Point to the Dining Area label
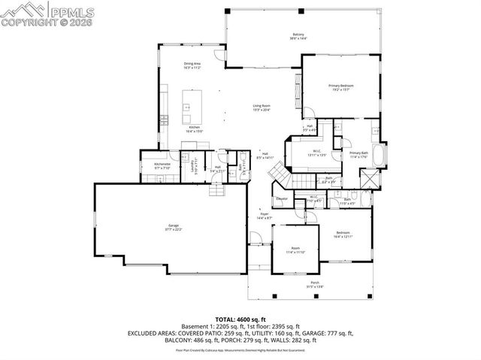(x=192, y=65)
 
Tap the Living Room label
(x=261, y=107)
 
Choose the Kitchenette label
(x=162, y=165)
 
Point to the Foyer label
(x=265, y=216)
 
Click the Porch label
(x=315, y=284)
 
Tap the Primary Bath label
(x=358, y=154)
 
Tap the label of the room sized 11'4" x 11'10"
(x=296, y=250)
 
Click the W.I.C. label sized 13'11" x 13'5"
(x=318, y=153)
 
